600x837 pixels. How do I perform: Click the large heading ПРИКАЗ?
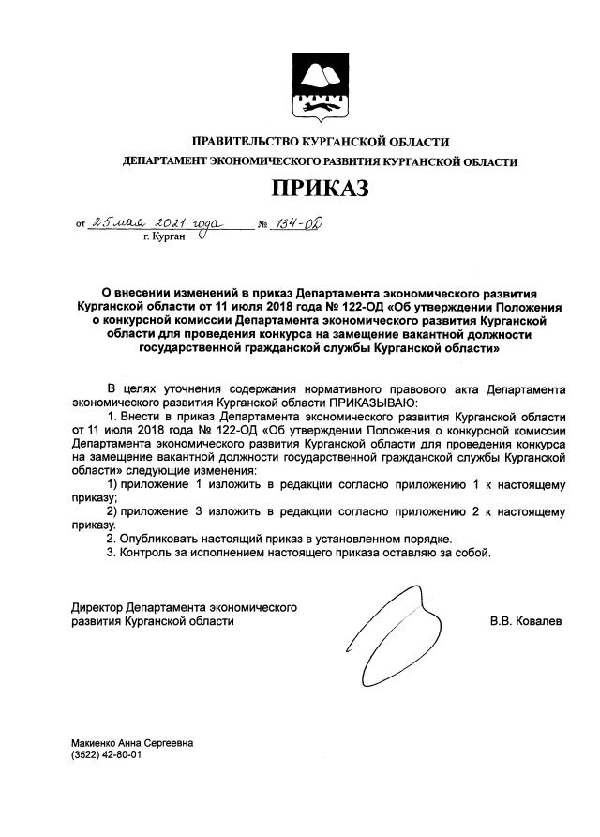pyautogui.click(x=320, y=189)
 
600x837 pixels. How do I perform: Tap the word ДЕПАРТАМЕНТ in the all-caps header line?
pyautogui.click(x=166, y=162)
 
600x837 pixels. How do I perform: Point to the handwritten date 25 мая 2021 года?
pyautogui.click(x=154, y=223)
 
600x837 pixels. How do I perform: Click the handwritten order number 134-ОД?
pyautogui.click(x=296, y=224)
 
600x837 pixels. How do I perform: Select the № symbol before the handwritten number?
pyautogui.click(x=262, y=226)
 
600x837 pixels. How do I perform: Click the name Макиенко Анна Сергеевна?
pyautogui.click(x=132, y=743)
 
